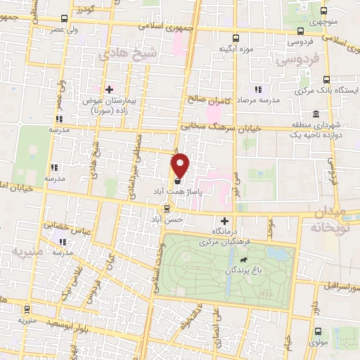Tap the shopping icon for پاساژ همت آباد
pyautogui.click(x=177, y=180)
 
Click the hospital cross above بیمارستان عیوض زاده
pyautogui.click(x=109, y=89)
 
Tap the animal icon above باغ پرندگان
pyautogui.click(x=242, y=259)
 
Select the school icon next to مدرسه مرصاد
pyautogui.click(x=258, y=89)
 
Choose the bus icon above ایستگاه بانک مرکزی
pyautogui.click(x=326, y=80)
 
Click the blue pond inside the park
pyautogui.click(x=281, y=252)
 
